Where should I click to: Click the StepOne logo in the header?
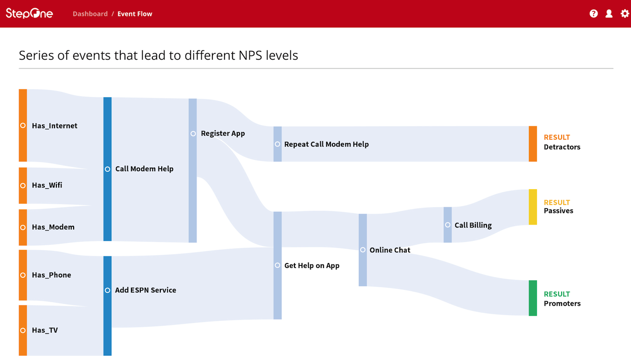point(29,13)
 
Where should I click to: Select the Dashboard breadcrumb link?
point(90,14)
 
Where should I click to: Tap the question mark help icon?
point(594,14)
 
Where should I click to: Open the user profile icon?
point(609,14)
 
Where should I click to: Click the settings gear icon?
point(625,14)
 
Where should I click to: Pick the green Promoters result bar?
point(533,298)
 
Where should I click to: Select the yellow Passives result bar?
point(533,207)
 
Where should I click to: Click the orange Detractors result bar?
point(533,144)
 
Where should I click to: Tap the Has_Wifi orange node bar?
point(23,186)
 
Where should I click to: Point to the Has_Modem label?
point(53,227)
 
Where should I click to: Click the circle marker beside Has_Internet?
point(23,125)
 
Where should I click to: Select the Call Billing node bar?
point(447,225)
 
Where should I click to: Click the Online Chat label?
point(390,250)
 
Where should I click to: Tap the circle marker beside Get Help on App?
point(277,265)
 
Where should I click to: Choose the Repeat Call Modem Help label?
point(327,145)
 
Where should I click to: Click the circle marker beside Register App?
point(193,134)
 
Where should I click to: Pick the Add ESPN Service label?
point(146,290)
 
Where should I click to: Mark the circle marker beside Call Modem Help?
point(107,169)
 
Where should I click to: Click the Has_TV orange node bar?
point(23,331)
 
